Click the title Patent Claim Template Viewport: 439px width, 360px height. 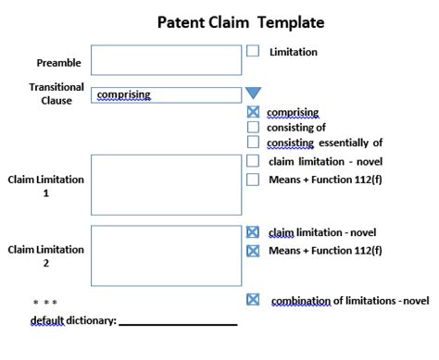(x=228, y=21)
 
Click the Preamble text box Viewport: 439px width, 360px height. (x=167, y=60)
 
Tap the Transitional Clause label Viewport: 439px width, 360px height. (x=56, y=93)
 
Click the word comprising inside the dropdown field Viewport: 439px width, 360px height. (x=123, y=94)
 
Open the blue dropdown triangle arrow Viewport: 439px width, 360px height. (x=253, y=93)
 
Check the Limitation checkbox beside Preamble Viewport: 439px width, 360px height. (x=253, y=52)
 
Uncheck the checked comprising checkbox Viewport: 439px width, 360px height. (x=253, y=113)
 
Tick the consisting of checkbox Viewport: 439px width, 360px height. (x=253, y=128)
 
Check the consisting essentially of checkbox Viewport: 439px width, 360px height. (x=253, y=143)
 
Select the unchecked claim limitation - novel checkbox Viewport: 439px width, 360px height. (x=253, y=161)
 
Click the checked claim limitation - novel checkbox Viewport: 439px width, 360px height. (x=253, y=232)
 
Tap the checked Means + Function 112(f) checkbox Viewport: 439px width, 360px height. (x=253, y=250)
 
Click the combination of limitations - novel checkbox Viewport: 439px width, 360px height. (x=253, y=300)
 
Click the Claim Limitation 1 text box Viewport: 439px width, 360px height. (x=167, y=185)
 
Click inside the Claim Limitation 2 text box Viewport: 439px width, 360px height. (x=167, y=255)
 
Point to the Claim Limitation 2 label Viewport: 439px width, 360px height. (x=46, y=256)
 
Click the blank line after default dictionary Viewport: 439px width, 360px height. (x=178, y=323)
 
